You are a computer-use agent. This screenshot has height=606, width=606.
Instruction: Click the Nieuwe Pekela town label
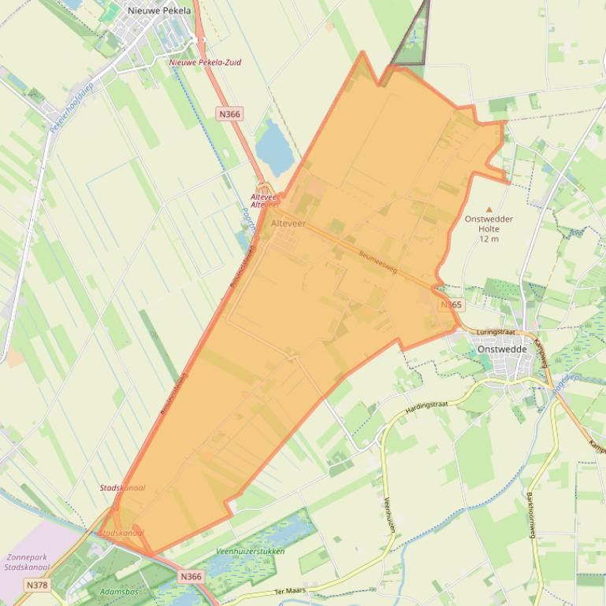click(158, 10)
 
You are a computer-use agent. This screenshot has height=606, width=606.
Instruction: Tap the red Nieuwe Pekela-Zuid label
click(205, 62)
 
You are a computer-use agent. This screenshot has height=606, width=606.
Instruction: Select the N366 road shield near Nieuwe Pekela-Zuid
click(229, 114)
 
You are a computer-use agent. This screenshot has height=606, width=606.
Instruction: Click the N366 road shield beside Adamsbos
click(191, 577)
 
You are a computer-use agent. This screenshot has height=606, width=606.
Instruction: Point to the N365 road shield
click(451, 305)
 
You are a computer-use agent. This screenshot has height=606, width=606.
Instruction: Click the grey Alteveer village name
click(288, 224)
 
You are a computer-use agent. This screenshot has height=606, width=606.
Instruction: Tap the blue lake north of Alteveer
click(273, 145)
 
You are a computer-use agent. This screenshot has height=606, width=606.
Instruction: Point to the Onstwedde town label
click(500, 349)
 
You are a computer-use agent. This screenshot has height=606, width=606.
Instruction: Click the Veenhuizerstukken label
click(250, 552)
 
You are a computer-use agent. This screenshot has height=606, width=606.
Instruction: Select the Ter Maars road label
click(289, 590)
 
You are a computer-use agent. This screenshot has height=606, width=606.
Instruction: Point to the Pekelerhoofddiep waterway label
click(71, 108)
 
